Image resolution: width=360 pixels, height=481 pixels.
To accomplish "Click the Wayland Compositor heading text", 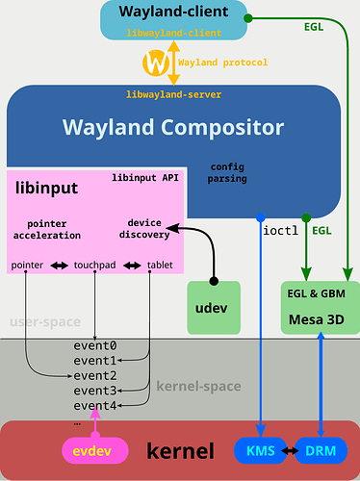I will click(173, 127).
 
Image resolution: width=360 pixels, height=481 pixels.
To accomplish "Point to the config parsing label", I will click(229, 172).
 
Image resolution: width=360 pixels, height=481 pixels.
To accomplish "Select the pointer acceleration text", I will click(47, 229).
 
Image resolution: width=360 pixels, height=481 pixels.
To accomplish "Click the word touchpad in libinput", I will click(96, 265).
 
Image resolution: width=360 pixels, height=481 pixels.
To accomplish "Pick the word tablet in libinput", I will click(160, 265).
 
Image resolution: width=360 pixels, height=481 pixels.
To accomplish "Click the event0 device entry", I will click(95, 344).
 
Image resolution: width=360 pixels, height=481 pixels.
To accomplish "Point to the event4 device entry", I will click(95, 405).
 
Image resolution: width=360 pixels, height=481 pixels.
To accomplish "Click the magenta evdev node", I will click(94, 450).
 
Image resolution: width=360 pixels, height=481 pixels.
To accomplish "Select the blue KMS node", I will click(260, 450).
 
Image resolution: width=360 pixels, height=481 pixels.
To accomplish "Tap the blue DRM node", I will click(321, 450).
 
